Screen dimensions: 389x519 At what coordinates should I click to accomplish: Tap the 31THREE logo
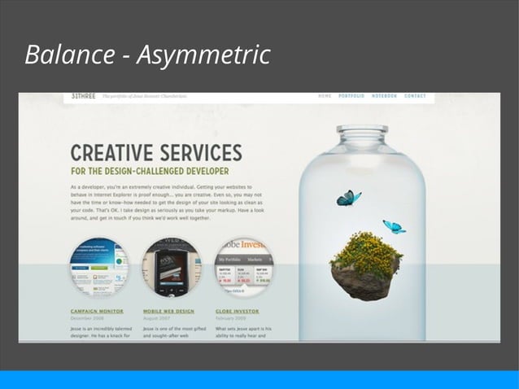point(83,96)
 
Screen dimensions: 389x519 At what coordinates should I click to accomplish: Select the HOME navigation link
point(325,96)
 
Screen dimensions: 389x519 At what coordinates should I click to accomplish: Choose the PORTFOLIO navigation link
point(351,96)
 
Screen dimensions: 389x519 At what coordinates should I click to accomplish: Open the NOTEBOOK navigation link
point(384,96)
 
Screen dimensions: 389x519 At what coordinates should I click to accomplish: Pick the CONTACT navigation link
point(415,96)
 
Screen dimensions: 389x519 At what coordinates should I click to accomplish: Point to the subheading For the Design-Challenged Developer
point(149,172)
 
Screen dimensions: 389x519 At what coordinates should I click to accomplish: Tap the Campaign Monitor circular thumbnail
point(98,266)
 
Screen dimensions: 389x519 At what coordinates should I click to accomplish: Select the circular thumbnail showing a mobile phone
point(171,266)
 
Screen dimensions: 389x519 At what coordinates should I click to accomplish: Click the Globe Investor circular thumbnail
point(243,266)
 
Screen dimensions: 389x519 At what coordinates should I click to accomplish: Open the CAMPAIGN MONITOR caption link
point(97,311)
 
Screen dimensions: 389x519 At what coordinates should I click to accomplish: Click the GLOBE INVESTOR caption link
point(238,311)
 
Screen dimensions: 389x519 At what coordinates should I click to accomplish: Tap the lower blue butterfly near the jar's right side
point(394,226)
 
